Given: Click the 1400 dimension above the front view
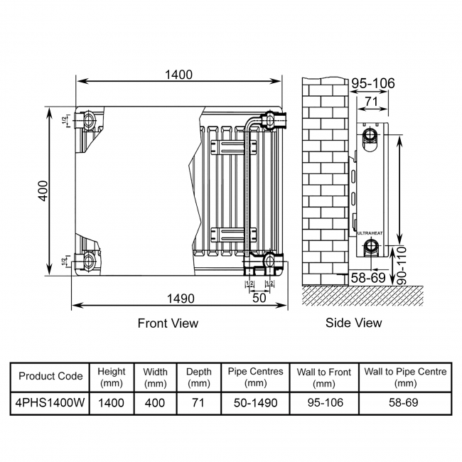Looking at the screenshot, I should pos(180,74).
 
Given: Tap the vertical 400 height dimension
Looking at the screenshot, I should pos(43,190).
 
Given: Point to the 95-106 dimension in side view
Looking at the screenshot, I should pos(373,84).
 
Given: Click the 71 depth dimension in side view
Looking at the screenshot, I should pos(370,102).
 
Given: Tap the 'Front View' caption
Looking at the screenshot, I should pos(168,323).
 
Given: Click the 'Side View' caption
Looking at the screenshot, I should pos(353,323).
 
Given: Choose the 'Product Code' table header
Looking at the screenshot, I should pos(50,377).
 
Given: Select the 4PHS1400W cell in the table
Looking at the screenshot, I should pos(50,403).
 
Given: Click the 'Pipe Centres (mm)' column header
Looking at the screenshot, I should pos(256,377).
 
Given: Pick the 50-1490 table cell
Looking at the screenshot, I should pos(256,403).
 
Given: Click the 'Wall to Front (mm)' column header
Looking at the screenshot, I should pos(324,377).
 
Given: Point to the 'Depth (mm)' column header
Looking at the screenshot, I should pos(198,377).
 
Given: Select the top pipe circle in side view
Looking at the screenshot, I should pos(370,136).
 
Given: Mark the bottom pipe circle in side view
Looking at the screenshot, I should pos(370,247).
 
